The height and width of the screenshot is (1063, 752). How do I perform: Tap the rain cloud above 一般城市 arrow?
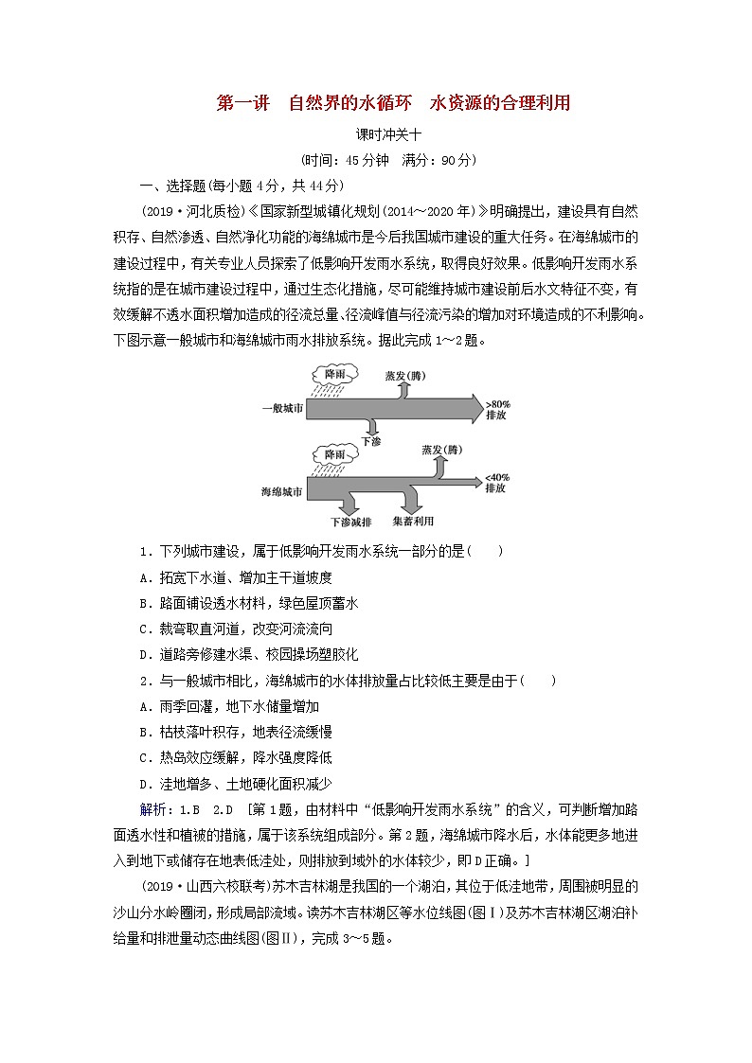pyautogui.click(x=334, y=380)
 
